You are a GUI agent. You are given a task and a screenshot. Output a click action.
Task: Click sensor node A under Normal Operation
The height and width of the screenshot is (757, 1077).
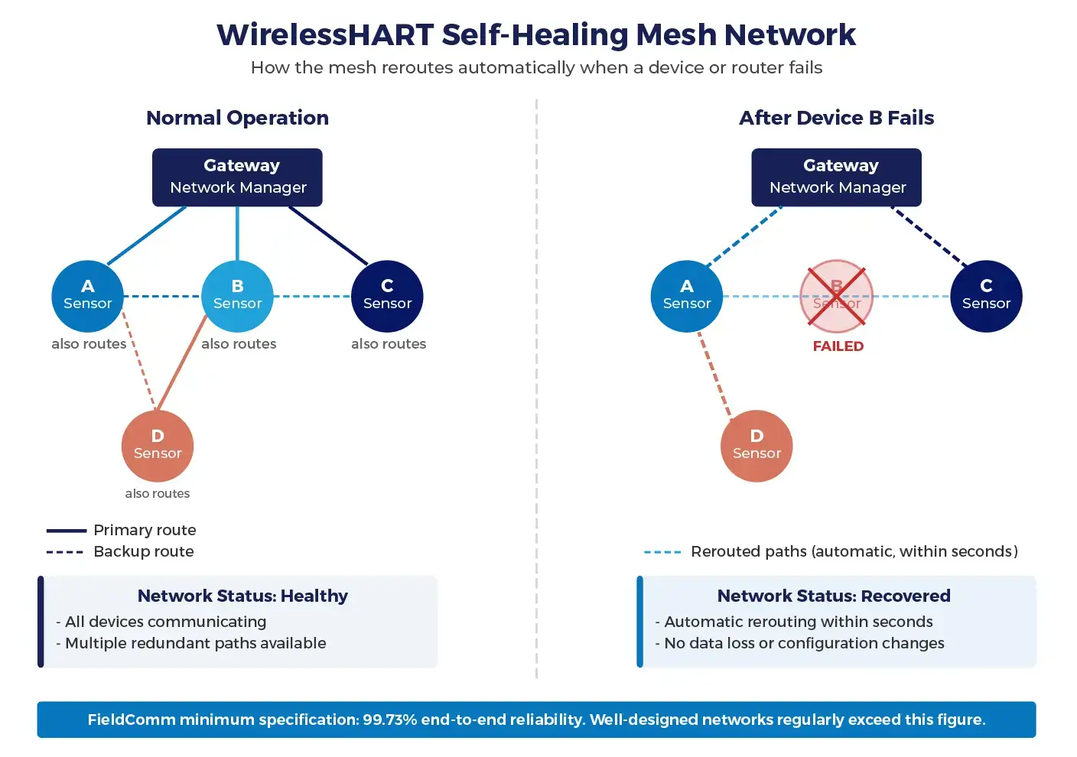(x=88, y=296)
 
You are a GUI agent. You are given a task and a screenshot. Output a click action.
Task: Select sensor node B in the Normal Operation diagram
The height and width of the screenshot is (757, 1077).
(x=237, y=296)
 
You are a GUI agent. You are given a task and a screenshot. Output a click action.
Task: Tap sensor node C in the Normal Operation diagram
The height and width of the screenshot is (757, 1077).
(x=387, y=296)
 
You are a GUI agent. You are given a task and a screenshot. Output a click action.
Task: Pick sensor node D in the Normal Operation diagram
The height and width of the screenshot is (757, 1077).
(x=158, y=446)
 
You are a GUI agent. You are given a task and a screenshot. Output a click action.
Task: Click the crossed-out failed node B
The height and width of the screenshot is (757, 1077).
(x=836, y=296)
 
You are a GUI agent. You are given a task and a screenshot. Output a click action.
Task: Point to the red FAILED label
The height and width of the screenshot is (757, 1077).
(x=838, y=346)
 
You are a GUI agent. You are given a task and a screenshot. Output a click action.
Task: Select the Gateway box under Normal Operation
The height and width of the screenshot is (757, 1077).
(x=237, y=177)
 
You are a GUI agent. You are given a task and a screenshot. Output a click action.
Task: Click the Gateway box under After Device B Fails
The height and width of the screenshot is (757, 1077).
(x=836, y=177)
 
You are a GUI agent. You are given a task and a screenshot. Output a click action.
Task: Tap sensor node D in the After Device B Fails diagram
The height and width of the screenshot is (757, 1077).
(x=757, y=446)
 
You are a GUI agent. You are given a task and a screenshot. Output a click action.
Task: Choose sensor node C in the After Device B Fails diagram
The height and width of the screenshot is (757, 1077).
(x=986, y=296)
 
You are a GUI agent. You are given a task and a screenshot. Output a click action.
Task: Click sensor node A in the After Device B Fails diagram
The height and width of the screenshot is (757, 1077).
(x=687, y=296)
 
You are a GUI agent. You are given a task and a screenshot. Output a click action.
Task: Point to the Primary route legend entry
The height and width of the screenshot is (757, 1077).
(x=145, y=530)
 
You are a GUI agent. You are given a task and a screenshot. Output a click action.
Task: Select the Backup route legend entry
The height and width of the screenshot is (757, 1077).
(x=143, y=551)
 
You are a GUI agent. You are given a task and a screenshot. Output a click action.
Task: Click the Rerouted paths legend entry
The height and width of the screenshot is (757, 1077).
(x=854, y=551)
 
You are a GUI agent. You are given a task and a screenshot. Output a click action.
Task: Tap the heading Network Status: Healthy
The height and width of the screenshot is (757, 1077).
(x=242, y=596)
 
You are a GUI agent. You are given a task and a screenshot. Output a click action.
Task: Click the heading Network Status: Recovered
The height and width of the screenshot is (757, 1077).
(x=834, y=596)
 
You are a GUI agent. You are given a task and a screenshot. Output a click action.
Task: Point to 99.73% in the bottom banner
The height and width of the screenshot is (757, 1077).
(x=389, y=720)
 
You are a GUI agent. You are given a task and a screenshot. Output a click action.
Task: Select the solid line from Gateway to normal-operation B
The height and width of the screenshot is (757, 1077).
(x=237, y=233)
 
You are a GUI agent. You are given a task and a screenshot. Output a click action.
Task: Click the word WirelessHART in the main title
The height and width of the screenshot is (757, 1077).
(x=324, y=35)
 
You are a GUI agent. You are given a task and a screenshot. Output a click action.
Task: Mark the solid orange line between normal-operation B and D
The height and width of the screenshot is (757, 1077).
(x=181, y=363)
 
